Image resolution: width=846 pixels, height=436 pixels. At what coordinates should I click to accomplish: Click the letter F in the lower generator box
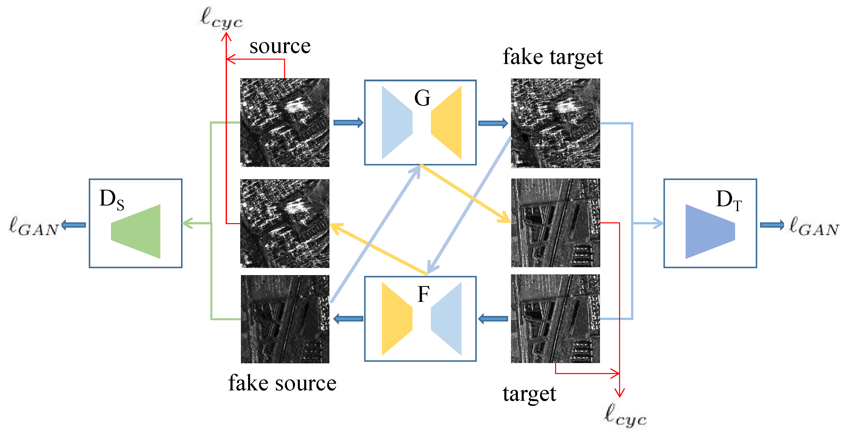[x=423, y=294]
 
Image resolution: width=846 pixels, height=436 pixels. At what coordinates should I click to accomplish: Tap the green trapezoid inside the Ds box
[x=138, y=232]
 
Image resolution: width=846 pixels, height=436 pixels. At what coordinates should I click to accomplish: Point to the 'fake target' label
[x=553, y=57]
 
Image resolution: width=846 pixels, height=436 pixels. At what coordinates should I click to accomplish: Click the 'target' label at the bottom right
[x=529, y=394]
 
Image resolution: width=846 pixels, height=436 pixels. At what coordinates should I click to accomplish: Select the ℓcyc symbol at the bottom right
[x=625, y=415]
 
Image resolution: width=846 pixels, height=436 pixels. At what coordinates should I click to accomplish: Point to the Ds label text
[x=112, y=199]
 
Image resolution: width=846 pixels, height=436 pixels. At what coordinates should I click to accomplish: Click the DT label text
[x=728, y=200]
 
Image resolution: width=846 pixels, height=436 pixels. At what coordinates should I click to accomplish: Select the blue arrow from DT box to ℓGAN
[x=772, y=225]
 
